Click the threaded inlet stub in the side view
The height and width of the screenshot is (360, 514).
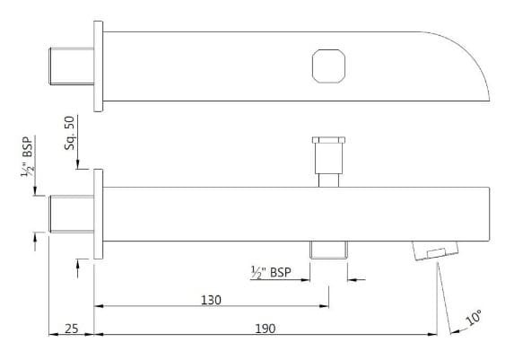(x=69, y=213)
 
